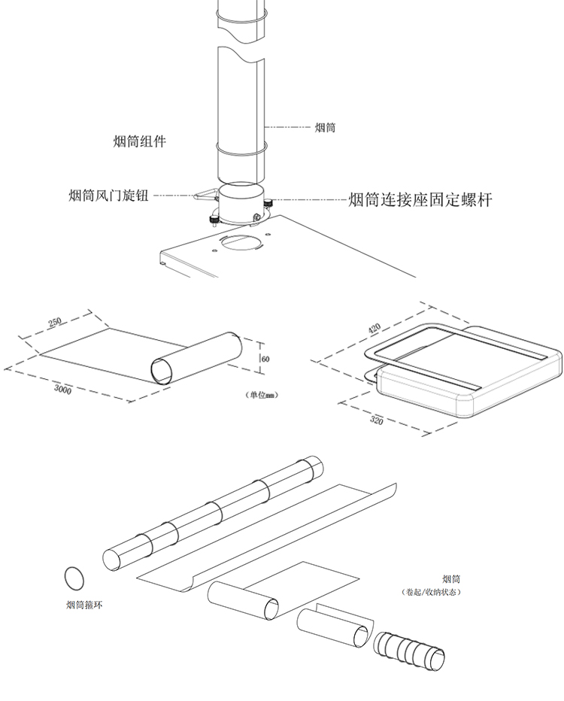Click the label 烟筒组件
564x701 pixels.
click(x=139, y=141)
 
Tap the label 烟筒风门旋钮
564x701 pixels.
click(x=108, y=196)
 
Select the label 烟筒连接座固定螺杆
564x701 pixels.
click(x=420, y=200)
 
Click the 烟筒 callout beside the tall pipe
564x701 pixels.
click(x=325, y=128)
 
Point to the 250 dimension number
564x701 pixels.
click(x=55, y=323)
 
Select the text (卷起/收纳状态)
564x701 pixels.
click(x=432, y=592)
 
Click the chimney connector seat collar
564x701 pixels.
click(x=241, y=203)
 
